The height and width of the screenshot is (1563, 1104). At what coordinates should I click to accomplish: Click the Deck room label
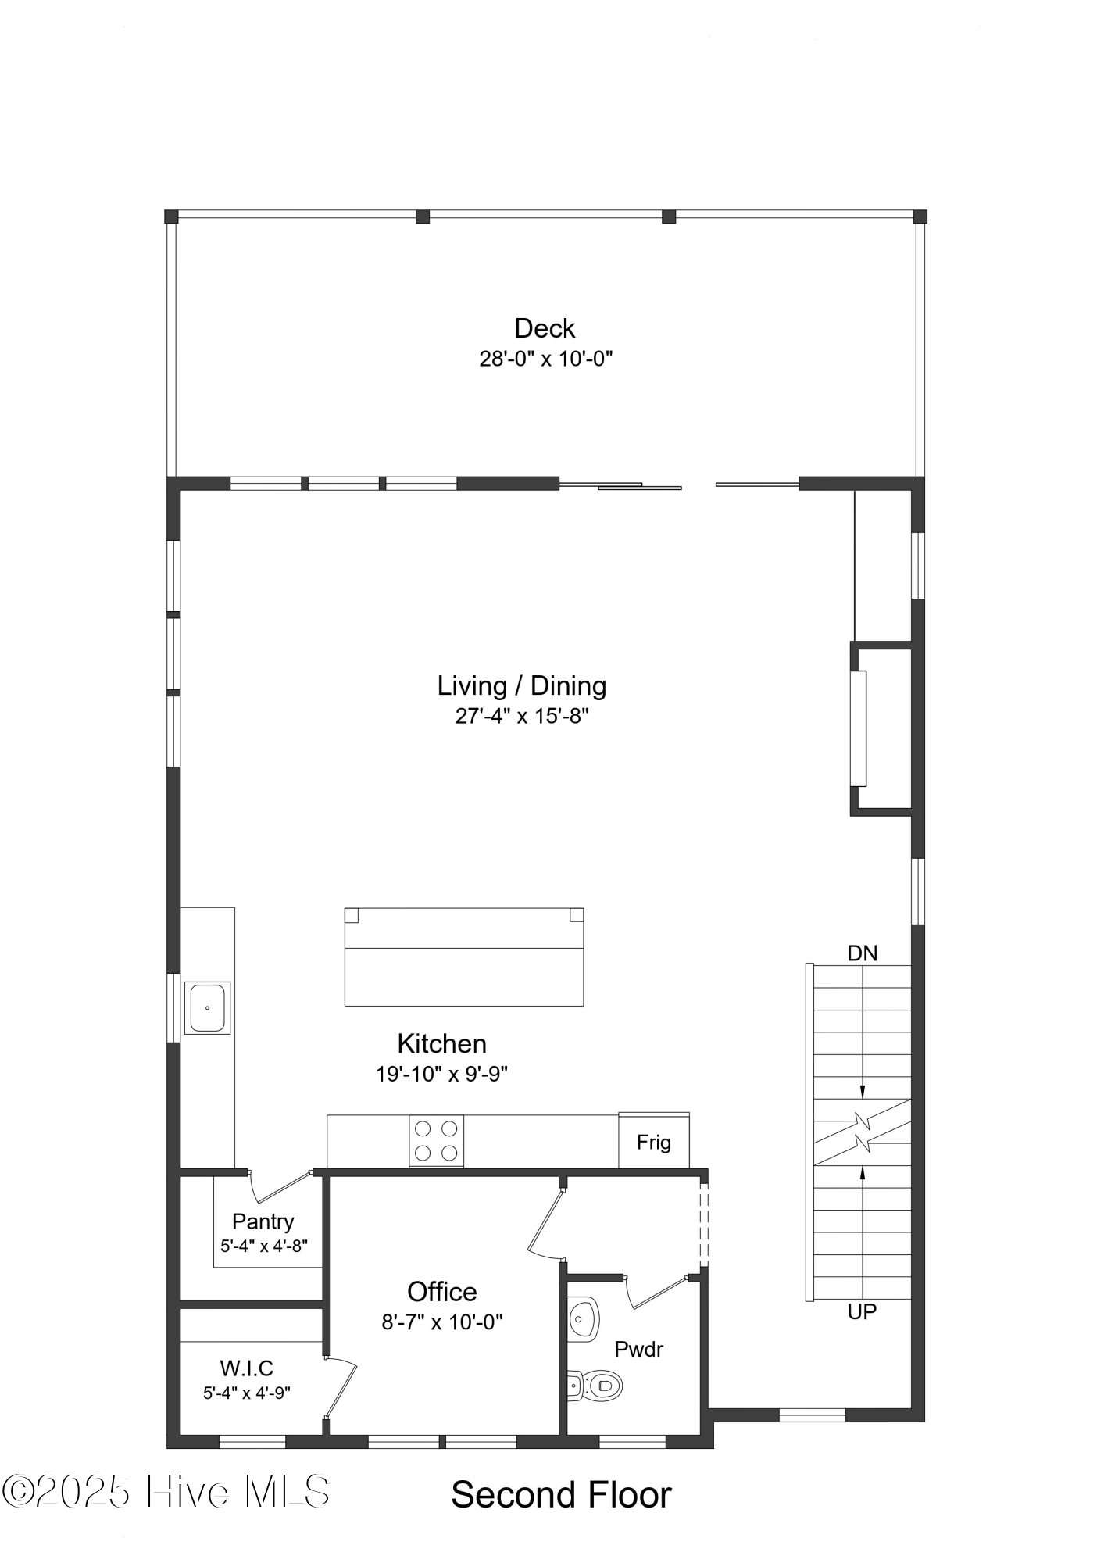point(545,328)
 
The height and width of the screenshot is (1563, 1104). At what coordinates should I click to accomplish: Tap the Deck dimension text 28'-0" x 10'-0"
point(545,359)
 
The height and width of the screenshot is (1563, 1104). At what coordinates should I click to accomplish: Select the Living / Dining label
point(521,685)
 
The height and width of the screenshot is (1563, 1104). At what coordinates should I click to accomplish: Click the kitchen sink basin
point(207,1007)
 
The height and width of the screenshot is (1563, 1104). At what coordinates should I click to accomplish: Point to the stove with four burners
point(436,1140)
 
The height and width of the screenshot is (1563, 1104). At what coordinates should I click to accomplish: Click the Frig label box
point(654,1143)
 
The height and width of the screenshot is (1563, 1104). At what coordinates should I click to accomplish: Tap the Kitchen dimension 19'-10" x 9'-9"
point(441,1074)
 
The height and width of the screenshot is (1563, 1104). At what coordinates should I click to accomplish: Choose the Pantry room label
point(263,1221)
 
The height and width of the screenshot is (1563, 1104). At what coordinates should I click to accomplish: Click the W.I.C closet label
point(247,1368)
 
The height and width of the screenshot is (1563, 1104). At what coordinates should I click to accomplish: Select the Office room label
point(441,1292)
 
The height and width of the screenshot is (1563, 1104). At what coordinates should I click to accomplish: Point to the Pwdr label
point(638,1350)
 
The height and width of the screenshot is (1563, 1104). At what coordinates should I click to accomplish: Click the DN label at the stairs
point(863,953)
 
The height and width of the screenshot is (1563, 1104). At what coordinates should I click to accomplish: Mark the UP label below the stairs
point(862,1312)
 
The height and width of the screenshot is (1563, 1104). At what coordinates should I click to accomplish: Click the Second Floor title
point(561,1495)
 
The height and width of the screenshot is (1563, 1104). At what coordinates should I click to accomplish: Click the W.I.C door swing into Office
point(342,1386)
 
